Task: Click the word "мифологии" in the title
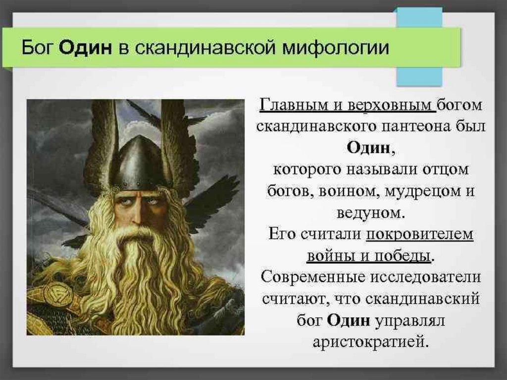pyautogui.click(x=336, y=48)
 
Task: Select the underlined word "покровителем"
pyautogui.click(x=420, y=234)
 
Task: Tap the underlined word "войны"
pyautogui.click(x=330, y=256)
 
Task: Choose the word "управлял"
pyautogui.click(x=409, y=321)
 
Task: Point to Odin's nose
pyautogui.click(x=136, y=214)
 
